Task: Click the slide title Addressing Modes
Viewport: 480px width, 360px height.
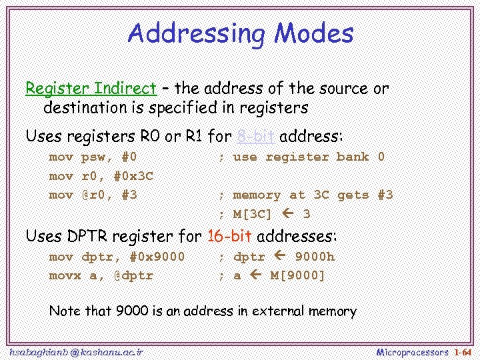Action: click(x=240, y=33)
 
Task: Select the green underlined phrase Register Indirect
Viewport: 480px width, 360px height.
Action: click(x=91, y=88)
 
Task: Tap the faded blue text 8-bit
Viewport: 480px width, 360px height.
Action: click(x=255, y=137)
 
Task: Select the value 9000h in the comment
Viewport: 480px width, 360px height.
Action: click(x=315, y=257)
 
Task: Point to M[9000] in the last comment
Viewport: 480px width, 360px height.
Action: click(x=297, y=275)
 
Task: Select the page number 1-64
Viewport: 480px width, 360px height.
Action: click(x=462, y=351)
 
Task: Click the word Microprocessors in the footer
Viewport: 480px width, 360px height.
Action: click(x=412, y=351)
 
